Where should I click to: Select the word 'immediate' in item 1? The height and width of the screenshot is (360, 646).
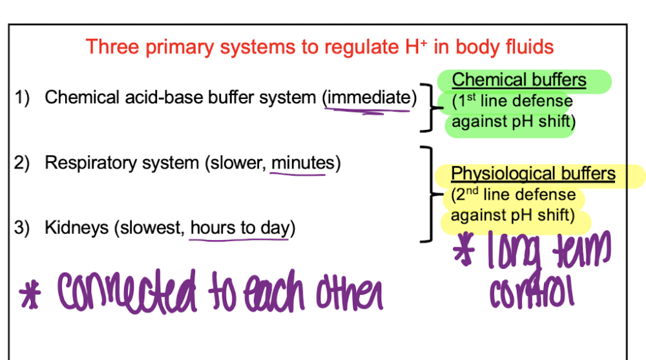click(x=369, y=98)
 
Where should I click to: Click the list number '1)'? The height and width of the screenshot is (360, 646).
click(x=22, y=98)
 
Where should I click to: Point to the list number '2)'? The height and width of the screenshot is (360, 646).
click(x=22, y=163)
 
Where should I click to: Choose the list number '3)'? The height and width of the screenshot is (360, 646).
click(x=22, y=228)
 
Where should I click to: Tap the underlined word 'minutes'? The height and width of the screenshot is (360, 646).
click(x=303, y=163)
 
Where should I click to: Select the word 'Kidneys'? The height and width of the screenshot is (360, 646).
click(x=77, y=228)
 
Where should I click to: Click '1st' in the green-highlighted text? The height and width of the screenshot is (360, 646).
click(x=466, y=101)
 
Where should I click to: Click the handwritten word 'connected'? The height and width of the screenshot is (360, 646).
click(x=127, y=291)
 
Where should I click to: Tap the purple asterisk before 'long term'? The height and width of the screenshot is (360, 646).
click(x=464, y=249)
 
